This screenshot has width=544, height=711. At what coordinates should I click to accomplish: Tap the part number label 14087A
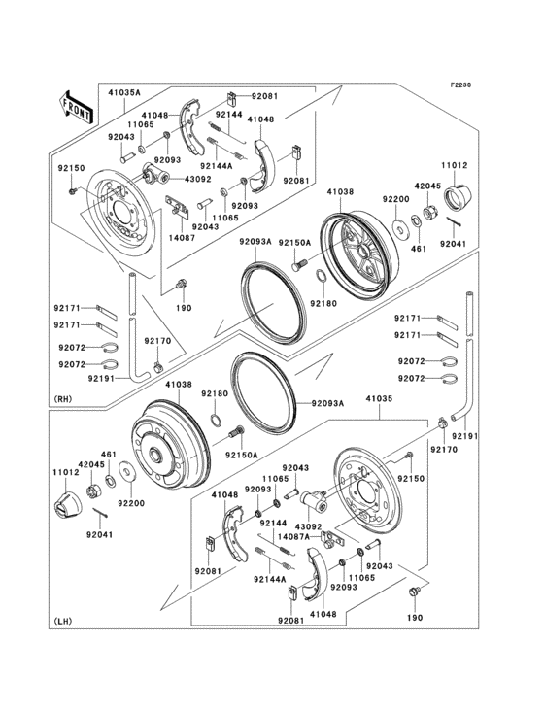point(293,536)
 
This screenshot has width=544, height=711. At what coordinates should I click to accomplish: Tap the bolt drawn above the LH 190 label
point(416,592)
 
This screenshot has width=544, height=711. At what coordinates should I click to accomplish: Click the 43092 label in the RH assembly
point(198,179)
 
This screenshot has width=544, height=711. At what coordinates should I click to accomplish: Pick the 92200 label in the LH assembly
point(131,504)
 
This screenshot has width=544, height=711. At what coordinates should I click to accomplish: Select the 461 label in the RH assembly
point(419,249)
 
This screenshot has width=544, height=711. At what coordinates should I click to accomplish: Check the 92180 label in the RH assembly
point(323,303)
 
